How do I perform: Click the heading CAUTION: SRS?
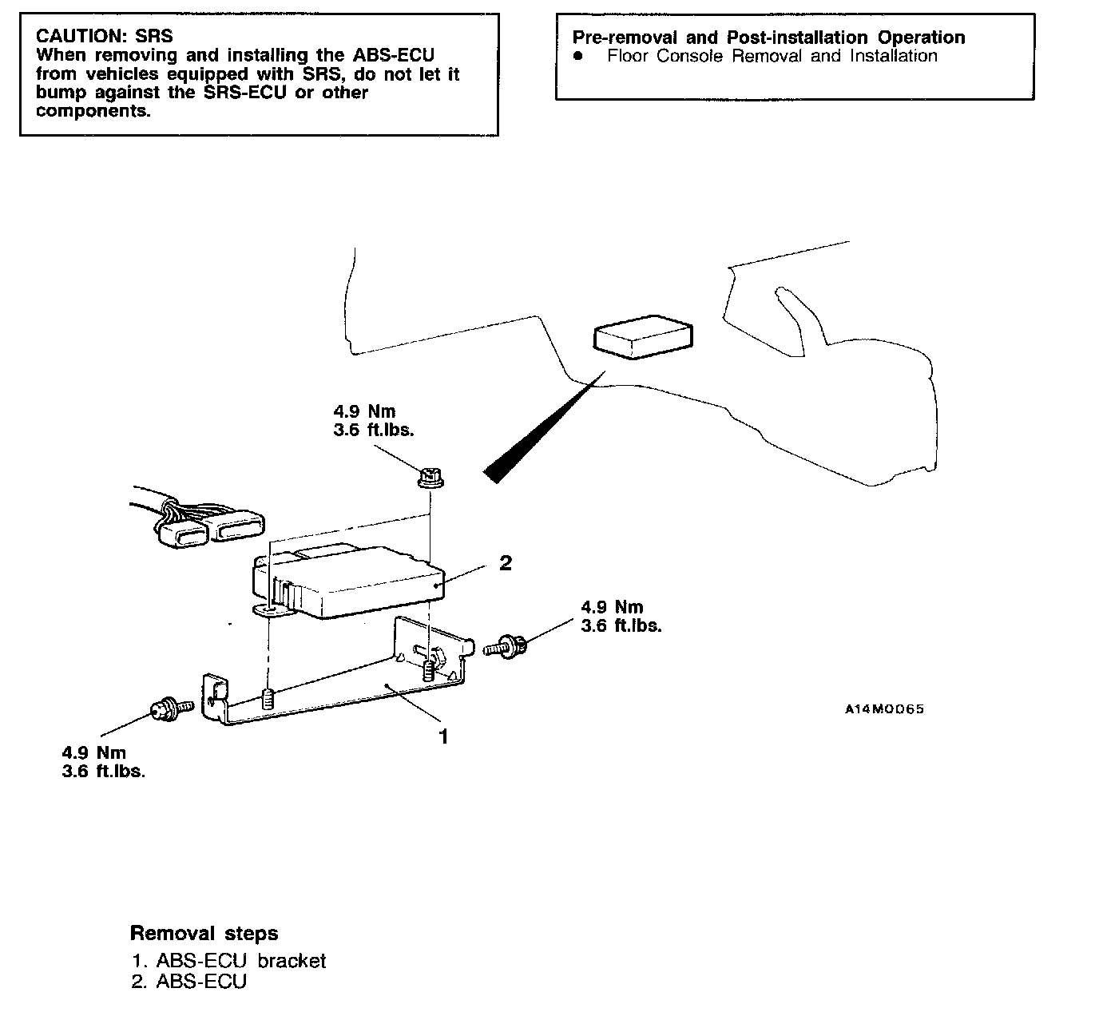pos(105,36)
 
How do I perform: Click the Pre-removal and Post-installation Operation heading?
pos(768,38)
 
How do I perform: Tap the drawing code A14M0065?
pos(884,708)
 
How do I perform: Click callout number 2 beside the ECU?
pos(505,563)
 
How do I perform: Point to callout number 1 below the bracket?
pos(443,736)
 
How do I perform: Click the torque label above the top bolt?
pos(373,420)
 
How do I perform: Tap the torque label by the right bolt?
pos(621,616)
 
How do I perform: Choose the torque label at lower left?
pos(103,761)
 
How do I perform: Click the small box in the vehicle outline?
pos(641,336)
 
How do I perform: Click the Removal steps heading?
pos(204,933)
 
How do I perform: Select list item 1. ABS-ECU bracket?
pos(229,960)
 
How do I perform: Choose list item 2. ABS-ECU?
pos(189,981)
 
